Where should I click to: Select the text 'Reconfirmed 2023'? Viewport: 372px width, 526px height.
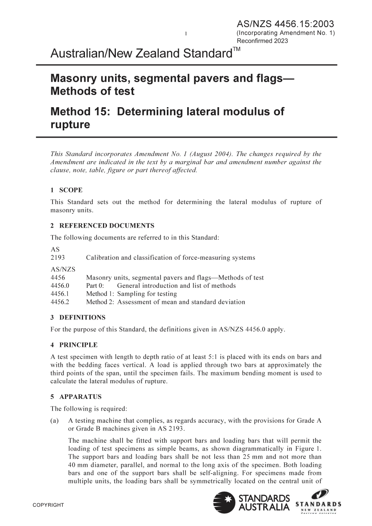tap(262, 41)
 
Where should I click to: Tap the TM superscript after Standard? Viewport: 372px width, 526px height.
tap(237, 49)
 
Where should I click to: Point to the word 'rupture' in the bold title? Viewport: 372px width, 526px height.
tap(70, 125)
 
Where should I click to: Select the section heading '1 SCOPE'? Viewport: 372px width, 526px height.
tap(66, 190)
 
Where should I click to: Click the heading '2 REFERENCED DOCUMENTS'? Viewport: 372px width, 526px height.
tap(102, 226)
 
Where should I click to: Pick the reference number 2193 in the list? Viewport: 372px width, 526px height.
tap(58, 257)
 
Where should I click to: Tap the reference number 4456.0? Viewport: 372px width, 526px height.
tap(60, 285)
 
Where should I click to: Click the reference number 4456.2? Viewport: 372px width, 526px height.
tap(60, 302)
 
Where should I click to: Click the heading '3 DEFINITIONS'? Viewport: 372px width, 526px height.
tap(78, 318)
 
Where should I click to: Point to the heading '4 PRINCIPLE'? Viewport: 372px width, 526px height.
tap(74, 345)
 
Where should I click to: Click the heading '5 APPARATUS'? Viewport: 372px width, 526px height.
tap(76, 397)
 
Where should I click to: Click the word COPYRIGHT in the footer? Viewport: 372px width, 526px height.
tap(48, 505)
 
